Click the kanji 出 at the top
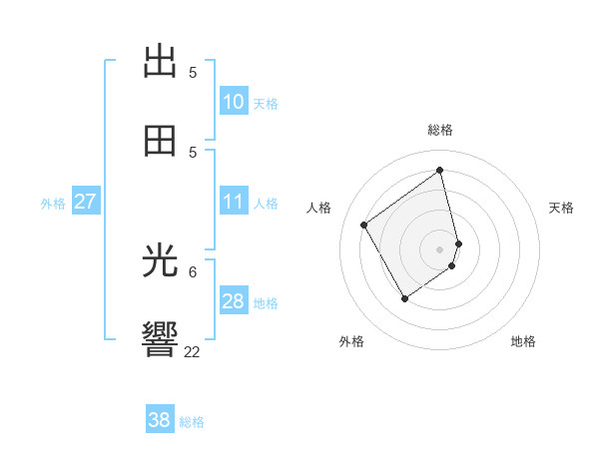161,61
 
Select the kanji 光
161,261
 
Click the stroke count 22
192,351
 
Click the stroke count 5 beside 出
193,72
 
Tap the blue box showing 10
234,102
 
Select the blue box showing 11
234,202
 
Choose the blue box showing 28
234,301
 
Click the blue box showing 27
85,202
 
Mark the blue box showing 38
160,420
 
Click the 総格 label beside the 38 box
192,422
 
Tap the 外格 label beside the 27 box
53,204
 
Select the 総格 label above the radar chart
440,130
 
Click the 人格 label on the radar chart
319,208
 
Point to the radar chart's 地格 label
523,341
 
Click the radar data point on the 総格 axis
440,170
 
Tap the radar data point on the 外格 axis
404,298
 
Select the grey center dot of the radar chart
440,248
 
